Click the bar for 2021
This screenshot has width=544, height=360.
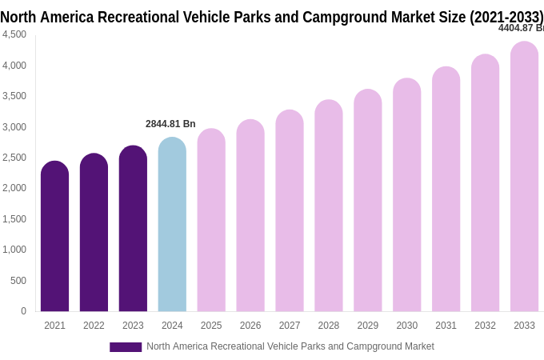(x=54, y=237)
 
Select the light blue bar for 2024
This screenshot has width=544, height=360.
(x=172, y=225)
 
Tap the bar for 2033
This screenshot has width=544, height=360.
(x=524, y=177)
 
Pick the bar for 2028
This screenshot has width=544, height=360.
(x=328, y=206)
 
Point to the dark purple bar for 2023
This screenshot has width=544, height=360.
(x=133, y=229)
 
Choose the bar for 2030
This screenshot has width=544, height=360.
(x=406, y=195)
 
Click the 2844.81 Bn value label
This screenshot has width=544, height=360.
(x=170, y=124)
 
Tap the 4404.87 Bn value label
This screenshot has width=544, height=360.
(x=520, y=28)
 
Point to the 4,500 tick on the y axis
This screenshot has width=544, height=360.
(x=14, y=34)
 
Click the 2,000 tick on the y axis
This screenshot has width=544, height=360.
(x=14, y=188)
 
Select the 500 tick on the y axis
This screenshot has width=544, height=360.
(x=18, y=281)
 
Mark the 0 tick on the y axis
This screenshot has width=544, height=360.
(x=23, y=311)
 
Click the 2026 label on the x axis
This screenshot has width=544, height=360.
(x=250, y=326)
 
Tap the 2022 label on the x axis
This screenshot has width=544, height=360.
(x=94, y=326)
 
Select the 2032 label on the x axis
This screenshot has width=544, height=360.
(x=485, y=326)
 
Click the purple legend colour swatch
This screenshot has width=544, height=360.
(x=126, y=347)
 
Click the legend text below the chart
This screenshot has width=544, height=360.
(x=290, y=346)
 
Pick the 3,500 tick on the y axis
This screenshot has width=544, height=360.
(x=14, y=96)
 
